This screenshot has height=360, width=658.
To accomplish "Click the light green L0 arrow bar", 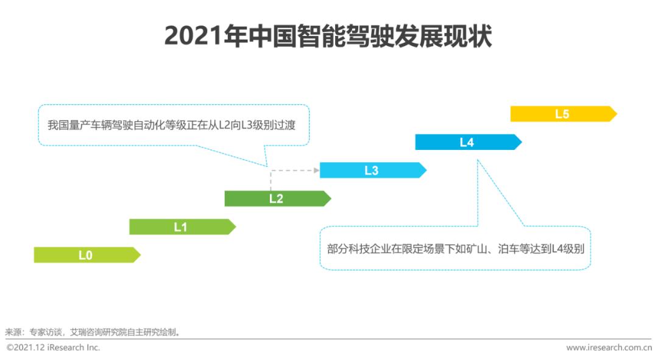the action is coord(87,255).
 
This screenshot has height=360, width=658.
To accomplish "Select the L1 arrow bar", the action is coord(183,227).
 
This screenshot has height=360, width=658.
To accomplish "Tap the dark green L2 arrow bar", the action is coord(277,199).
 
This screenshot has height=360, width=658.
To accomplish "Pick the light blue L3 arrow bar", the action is coord(373,171).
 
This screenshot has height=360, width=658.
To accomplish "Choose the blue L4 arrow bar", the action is coord(469,143).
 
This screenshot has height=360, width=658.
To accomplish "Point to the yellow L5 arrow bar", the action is coord(564,114).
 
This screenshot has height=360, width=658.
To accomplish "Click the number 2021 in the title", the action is coord(193,36).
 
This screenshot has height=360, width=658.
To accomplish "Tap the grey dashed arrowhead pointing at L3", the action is coord(316,171).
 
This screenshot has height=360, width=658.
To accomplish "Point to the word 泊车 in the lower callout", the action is coord(509,249).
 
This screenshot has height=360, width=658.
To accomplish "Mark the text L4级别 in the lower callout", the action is coord(568,249).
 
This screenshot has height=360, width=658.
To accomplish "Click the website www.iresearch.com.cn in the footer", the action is coord(609,347).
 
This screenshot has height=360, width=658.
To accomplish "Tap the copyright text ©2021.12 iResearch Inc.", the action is coord(53,347).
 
